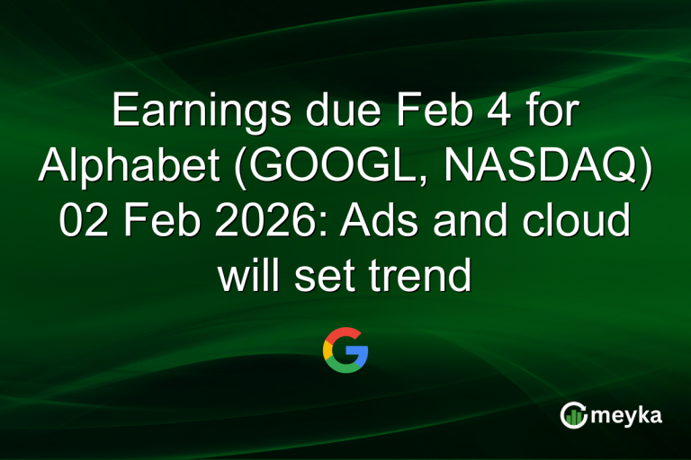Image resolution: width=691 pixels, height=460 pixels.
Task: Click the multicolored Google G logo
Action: point(345,350)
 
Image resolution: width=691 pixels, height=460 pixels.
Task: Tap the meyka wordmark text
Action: point(630,415)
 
